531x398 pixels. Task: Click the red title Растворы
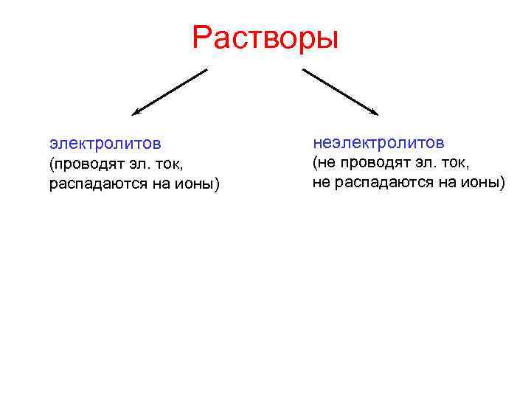[265, 38]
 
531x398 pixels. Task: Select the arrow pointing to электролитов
[170, 92]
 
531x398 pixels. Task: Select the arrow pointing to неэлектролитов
[340, 92]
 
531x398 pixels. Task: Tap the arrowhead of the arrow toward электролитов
[136, 114]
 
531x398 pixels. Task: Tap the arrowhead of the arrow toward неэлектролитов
[375, 113]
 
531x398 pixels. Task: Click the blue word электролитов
[105, 142]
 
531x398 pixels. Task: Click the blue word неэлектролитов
[378, 141]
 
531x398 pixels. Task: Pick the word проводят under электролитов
[88, 163]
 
